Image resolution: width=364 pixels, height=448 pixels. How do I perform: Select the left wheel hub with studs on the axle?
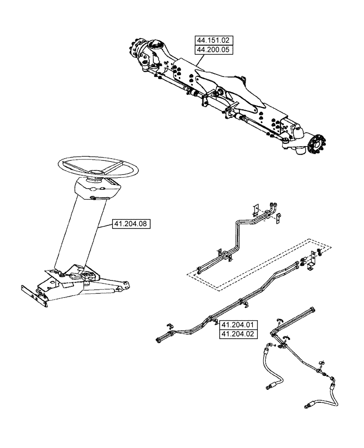point(137,49)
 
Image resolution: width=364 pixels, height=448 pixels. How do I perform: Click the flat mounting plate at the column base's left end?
point(34,295)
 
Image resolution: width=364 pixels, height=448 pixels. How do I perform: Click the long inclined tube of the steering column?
point(81,233)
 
